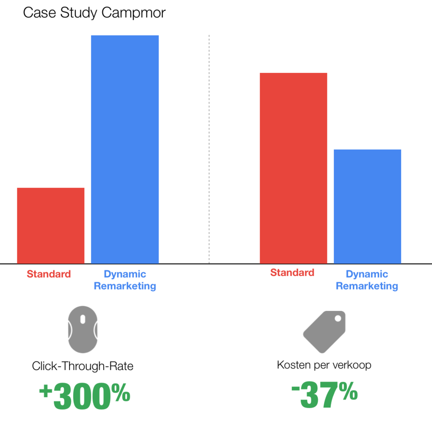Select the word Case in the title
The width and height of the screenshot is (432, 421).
35,13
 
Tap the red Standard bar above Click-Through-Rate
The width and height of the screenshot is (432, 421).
50,225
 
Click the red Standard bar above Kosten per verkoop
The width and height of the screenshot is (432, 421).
293,168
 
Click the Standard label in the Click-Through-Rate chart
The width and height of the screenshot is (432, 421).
49,274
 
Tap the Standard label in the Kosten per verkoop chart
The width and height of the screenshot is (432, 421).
292,273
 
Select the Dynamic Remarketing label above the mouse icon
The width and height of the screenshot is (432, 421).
125,280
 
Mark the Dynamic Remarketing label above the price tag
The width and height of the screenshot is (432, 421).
367,280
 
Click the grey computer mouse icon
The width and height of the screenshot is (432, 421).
82,329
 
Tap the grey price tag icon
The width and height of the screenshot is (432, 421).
324,331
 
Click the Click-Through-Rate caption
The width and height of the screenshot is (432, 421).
83,366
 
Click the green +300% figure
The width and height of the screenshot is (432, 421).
85,395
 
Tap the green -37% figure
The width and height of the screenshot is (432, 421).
324,395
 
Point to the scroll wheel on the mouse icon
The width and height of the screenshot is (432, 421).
82,320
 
